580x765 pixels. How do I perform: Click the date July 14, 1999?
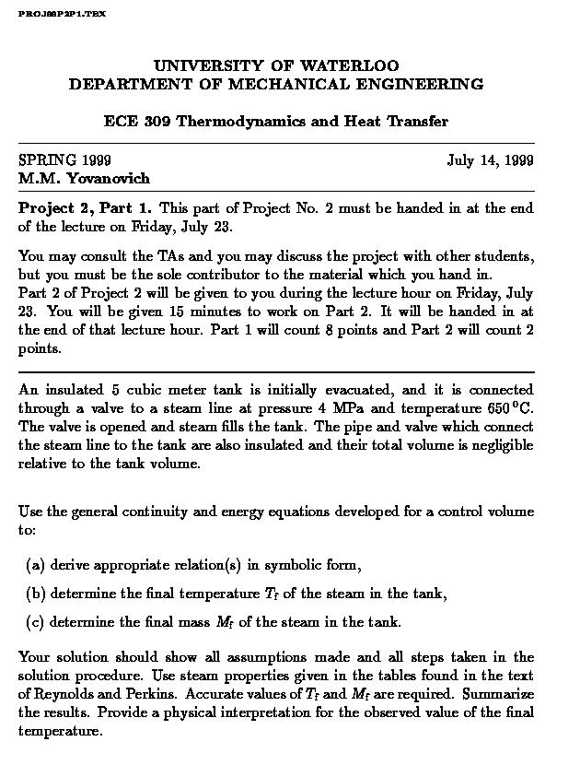click(490, 161)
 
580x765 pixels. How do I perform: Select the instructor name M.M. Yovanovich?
click(84, 179)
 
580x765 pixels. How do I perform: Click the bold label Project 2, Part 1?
click(86, 208)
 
